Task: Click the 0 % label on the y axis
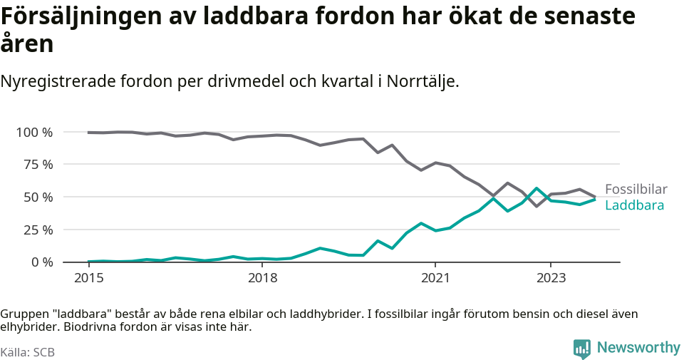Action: tap(41, 262)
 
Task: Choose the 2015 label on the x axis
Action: tap(88, 277)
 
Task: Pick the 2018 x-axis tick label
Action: tap(262, 277)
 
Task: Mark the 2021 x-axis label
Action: tap(435, 277)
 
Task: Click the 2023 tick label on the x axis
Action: tap(551, 277)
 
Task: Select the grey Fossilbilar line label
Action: tap(636, 190)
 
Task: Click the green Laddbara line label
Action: tap(634, 205)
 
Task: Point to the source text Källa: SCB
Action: tap(28, 352)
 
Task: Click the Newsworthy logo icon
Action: tap(582, 349)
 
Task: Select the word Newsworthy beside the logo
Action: tap(638, 348)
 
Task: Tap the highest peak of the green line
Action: tap(537, 189)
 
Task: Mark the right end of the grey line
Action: tap(595, 197)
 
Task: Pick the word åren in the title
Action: tap(27, 44)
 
